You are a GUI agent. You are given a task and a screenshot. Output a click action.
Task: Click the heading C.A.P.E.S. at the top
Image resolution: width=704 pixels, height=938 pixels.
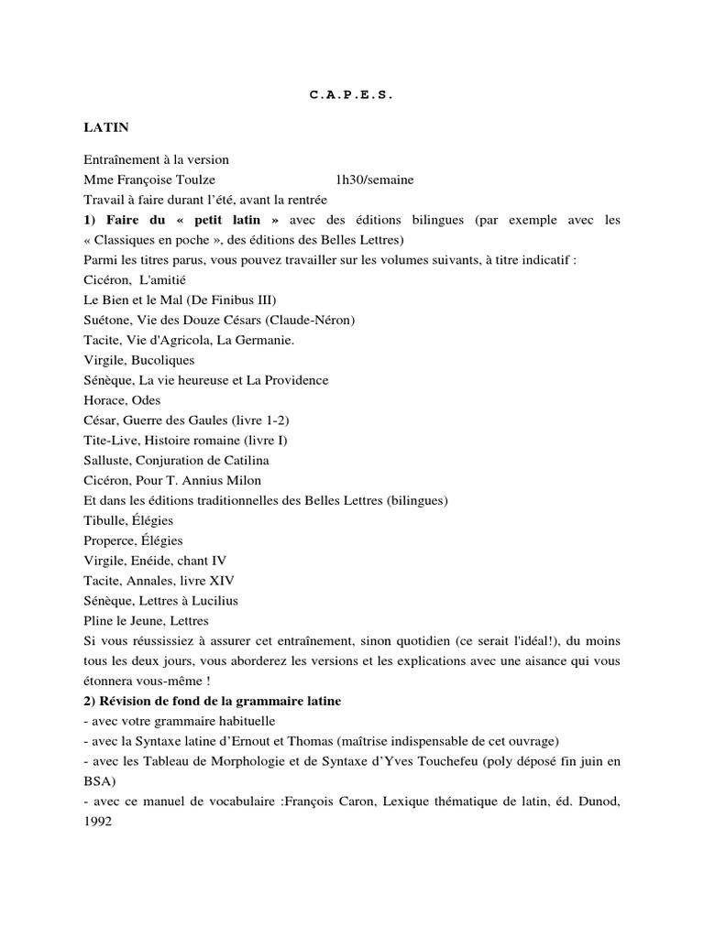(351, 94)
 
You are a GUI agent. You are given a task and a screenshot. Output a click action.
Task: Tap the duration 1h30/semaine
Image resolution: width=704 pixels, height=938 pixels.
(375, 180)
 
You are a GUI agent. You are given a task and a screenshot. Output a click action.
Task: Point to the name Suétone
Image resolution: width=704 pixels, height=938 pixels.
(106, 320)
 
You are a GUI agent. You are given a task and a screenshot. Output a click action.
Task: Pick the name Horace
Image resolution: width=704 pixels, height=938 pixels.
(104, 400)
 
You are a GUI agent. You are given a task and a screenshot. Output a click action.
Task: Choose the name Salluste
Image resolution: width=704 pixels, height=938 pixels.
(107, 460)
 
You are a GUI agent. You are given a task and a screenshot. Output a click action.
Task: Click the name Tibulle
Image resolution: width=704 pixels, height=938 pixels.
(104, 520)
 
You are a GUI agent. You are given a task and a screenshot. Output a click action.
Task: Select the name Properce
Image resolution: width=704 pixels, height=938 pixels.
(109, 540)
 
